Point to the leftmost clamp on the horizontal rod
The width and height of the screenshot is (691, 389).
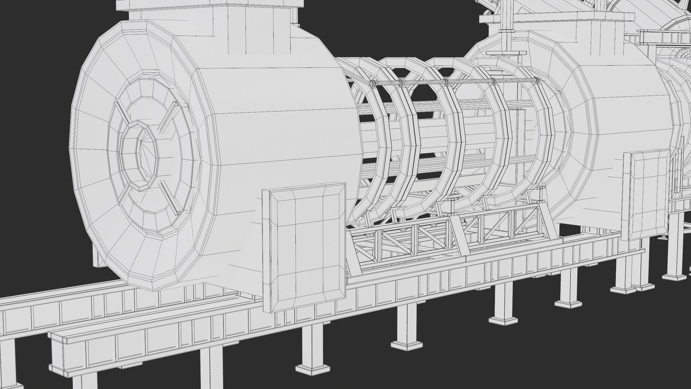pyautogui.click(x=374, y=84)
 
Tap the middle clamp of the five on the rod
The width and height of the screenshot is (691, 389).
pyautogui.click(x=446, y=82)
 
